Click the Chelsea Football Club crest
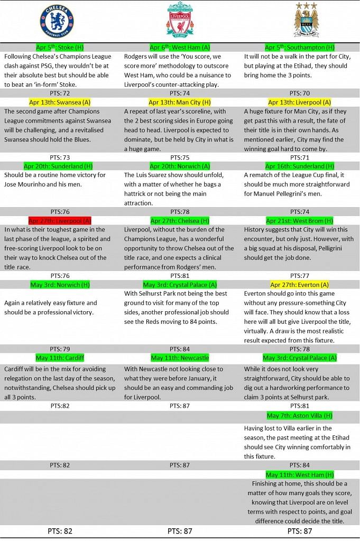(57, 21)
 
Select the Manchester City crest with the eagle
(306, 21)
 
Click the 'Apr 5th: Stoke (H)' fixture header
(60, 48)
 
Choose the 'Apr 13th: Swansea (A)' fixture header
(60, 102)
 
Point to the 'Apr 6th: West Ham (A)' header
(180, 48)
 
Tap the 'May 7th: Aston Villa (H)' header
(300, 416)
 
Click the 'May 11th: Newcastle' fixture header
(180, 358)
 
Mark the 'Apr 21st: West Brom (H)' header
(299, 220)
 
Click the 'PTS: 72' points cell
(60, 93)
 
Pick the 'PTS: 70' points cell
(299, 93)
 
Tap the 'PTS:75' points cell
(180, 157)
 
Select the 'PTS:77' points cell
(299, 276)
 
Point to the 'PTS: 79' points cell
(60, 349)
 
